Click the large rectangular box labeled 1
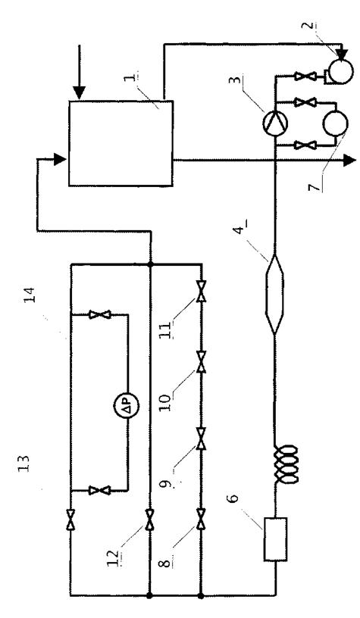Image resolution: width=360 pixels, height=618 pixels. [x=121, y=142]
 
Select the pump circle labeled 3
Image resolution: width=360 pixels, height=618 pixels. [x=275, y=123]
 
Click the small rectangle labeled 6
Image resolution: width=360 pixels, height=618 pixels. [x=275, y=538]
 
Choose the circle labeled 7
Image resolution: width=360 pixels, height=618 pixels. [x=335, y=123]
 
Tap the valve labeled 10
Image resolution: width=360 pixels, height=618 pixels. [x=201, y=362]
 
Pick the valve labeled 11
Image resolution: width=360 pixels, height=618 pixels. [x=201, y=292]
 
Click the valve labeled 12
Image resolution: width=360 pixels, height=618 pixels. [x=150, y=520]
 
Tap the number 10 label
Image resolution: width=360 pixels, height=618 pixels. [x=166, y=401]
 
